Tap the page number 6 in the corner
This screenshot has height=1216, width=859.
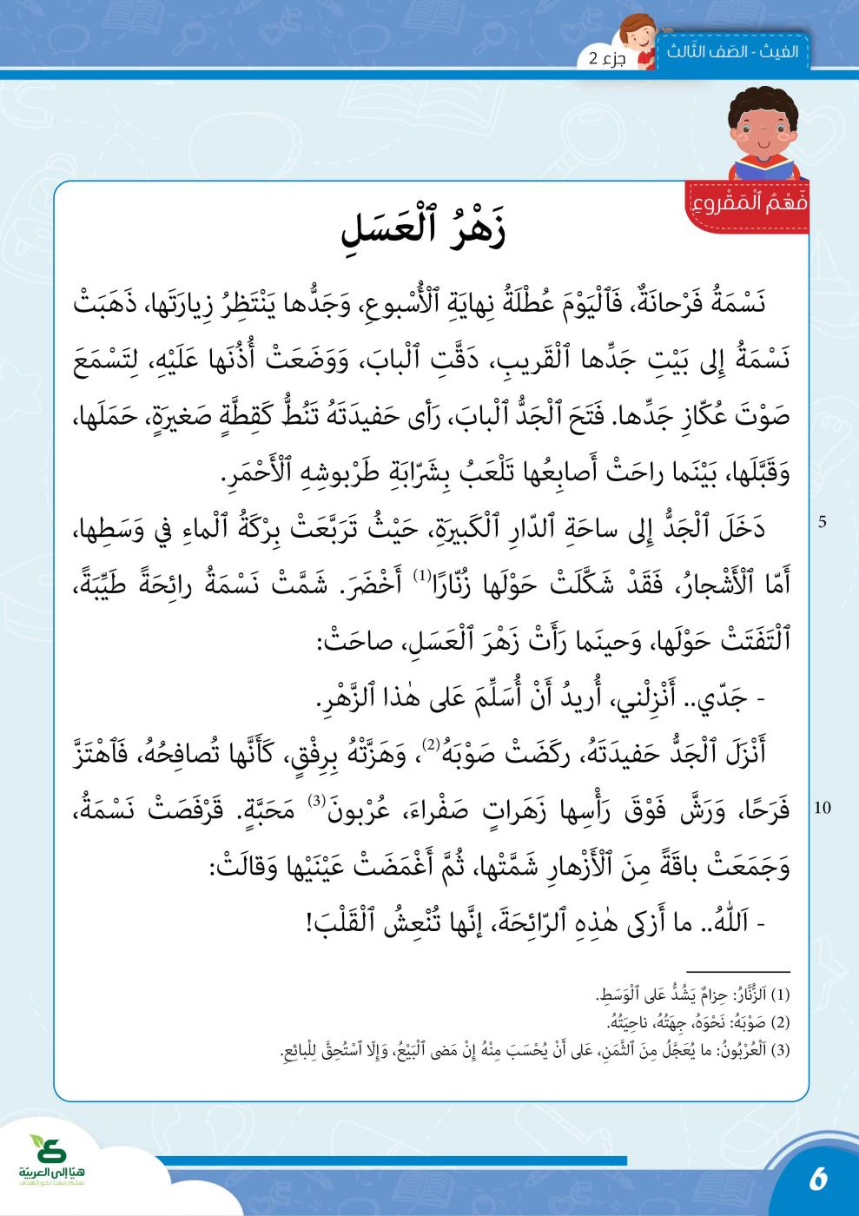(x=817, y=1180)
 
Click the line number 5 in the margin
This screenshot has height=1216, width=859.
(x=822, y=523)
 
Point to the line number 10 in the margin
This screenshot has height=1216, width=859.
(x=823, y=808)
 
